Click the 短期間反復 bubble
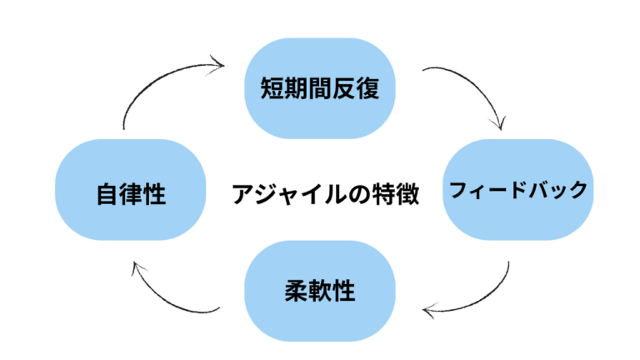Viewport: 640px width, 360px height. click(x=320, y=87)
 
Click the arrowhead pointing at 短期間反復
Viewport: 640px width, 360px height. click(x=218, y=62)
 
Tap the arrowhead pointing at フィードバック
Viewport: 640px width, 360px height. click(x=498, y=125)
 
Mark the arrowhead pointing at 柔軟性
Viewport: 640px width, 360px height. click(x=429, y=312)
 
